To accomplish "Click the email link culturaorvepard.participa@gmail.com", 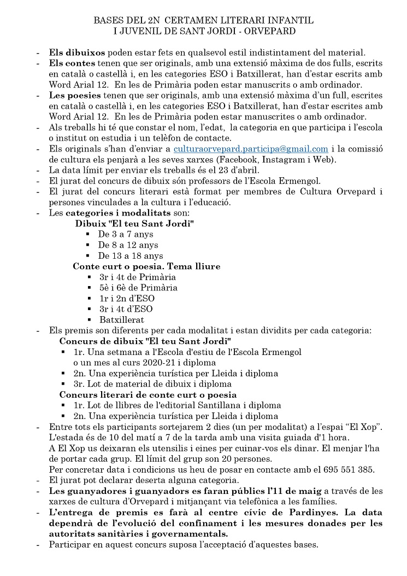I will click(x=251, y=149).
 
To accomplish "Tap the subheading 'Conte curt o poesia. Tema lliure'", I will click(x=146, y=266).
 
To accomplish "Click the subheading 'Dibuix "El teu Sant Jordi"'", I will click(x=134, y=224).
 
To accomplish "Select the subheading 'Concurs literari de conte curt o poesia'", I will click(x=148, y=395).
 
